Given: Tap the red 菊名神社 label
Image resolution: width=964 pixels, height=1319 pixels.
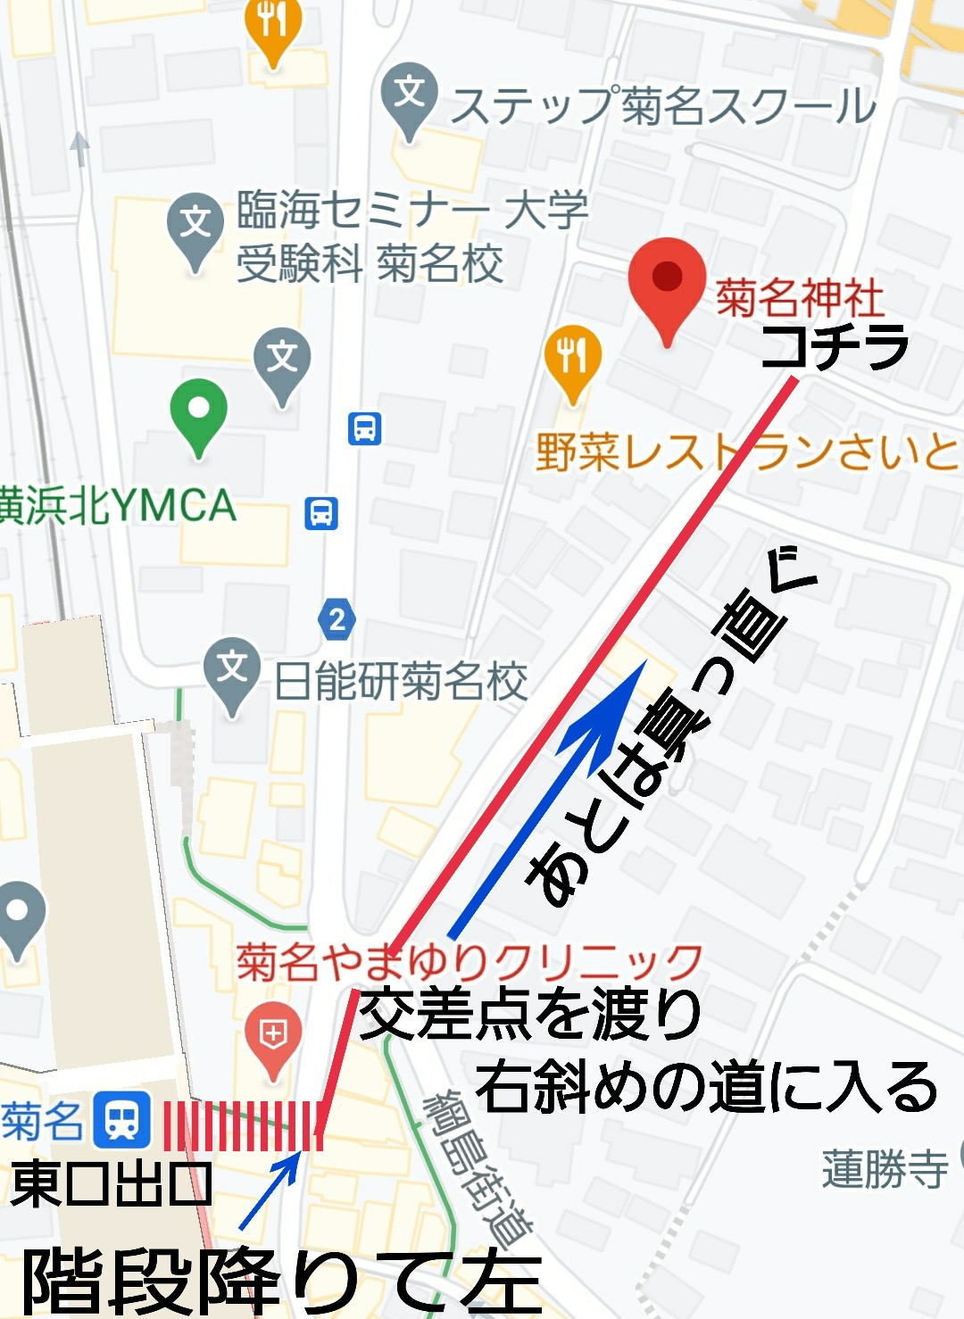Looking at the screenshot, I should (x=799, y=297).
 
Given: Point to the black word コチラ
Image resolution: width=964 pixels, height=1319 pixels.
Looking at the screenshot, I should (x=835, y=346).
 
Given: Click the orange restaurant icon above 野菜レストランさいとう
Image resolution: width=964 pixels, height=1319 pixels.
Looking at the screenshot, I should (x=572, y=358).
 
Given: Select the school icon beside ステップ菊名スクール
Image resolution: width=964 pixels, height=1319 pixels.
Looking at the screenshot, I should (x=409, y=95).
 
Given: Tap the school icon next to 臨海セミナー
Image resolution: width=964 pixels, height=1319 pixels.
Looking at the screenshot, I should (x=195, y=224).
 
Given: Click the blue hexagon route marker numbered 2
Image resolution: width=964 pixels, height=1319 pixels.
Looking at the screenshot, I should (x=337, y=618).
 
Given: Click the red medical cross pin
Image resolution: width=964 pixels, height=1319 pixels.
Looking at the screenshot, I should (x=272, y=1036).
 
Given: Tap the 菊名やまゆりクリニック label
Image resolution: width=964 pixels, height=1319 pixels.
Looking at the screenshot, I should (x=470, y=962).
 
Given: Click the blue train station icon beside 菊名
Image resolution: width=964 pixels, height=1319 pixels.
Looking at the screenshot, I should (x=122, y=1118).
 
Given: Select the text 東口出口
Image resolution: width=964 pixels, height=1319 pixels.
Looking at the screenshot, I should (x=111, y=1184).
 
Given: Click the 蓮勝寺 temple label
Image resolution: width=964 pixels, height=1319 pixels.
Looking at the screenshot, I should (x=885, y=1168).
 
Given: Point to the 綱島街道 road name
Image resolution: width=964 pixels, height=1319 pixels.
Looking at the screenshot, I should (x=478, y=1169).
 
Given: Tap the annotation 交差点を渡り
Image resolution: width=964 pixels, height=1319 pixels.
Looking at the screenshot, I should (x=530, y=1015).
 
